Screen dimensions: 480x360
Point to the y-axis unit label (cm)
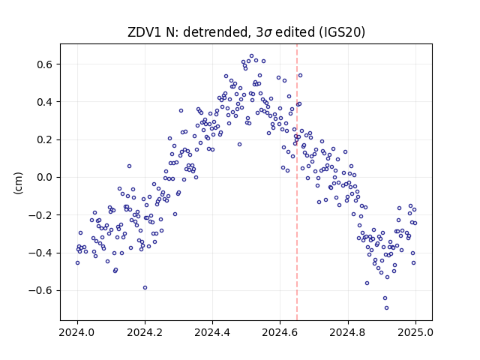(18, 183)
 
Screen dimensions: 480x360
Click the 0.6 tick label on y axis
(45, 64)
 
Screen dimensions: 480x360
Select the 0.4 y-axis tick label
(45, 102)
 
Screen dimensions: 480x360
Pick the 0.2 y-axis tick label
(45, 140)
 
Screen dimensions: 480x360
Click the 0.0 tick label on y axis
(45, 178)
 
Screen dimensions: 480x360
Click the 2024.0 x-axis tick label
(77, 332)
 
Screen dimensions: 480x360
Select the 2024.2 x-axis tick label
(145, 332)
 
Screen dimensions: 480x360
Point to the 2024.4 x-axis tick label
(212, 332)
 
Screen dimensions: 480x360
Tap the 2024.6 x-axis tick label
(280, 332)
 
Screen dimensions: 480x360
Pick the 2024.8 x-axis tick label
(348, 332)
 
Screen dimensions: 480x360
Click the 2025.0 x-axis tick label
(415, 332)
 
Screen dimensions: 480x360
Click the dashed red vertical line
(297, 182)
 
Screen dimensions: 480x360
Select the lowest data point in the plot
(387, 308)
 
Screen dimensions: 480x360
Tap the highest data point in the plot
(252, 56)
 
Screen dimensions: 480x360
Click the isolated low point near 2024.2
(145, 288)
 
